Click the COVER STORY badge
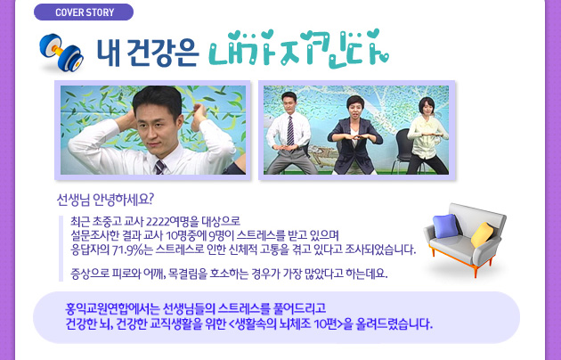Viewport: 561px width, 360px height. [x=84, y=12]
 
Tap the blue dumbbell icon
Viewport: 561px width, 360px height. [x=61, y=53]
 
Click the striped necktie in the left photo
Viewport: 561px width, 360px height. [x=160, y=168]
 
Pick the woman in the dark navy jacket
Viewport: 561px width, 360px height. [x=355, y=135]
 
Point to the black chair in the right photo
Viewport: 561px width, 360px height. [x=403, y=151]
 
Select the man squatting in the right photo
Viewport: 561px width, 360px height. [x=289, y=134]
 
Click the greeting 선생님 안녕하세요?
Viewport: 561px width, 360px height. [x=105, y=200]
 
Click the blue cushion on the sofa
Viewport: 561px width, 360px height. [x=445, y=225]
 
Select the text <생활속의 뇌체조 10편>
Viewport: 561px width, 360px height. [x=285, y=324]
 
